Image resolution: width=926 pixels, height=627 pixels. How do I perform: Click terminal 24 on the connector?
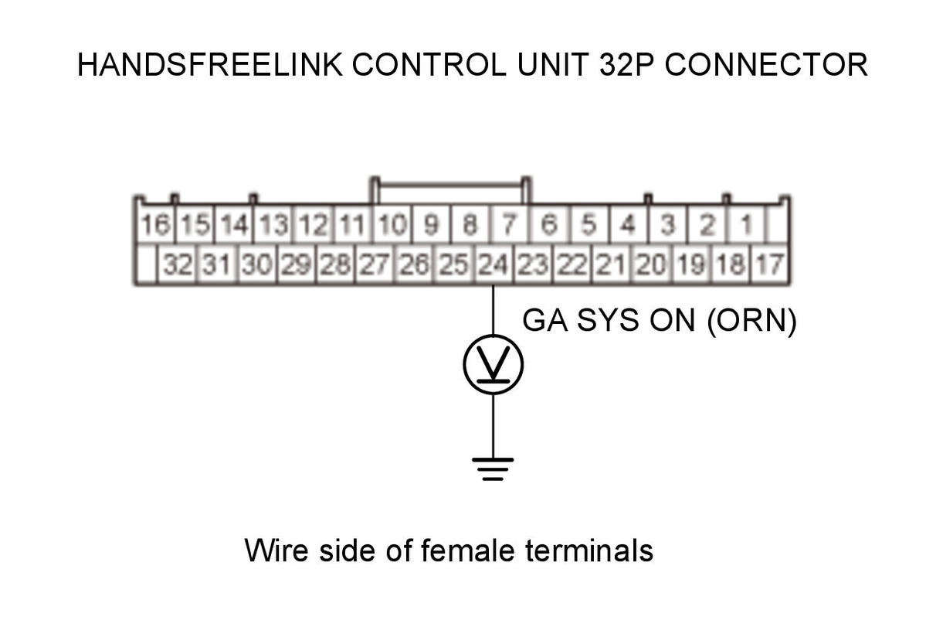(x=493, y=264)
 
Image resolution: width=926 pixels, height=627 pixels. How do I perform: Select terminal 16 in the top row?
(x=155, y=224)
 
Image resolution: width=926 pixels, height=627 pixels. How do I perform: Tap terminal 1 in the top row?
(x=747, y=224)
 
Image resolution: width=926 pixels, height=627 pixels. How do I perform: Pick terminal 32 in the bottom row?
(x=178, y=264)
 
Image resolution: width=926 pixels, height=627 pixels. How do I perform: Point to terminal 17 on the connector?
(x=769, y=264)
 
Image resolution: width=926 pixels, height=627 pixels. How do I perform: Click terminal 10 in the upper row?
(x=392, y=224)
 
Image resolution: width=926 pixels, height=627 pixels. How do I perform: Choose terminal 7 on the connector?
(x=510, y=224)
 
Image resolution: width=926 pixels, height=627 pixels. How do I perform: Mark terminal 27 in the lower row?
(x=375, y=264)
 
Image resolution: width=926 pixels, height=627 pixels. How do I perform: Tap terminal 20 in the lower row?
(x=651, y=264)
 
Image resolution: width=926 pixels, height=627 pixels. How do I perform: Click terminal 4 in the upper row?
(x=629, y=224)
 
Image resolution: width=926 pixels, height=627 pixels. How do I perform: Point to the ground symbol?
(x=493, y=468)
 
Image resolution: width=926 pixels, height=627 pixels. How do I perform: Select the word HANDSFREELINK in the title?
(x=210, y=64)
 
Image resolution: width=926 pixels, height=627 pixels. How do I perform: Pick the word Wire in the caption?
(x=276, y=550)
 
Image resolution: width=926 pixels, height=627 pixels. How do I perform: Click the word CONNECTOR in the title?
(x=766, y=64)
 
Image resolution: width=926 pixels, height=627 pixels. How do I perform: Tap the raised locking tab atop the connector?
(x=450, y=184)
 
